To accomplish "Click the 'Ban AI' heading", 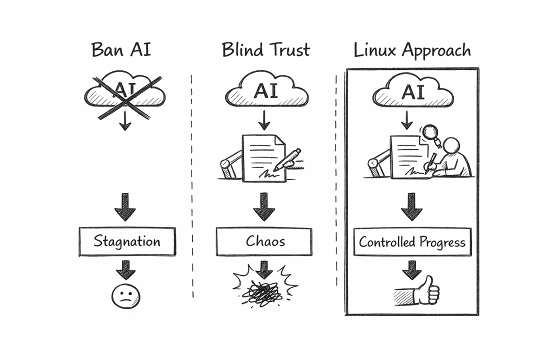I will [121, 50].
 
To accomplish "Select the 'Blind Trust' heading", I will [265, 50].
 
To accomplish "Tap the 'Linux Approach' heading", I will [412, 50].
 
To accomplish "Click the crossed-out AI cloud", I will [125, 93].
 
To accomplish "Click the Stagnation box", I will [127, 242].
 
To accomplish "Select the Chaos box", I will [264, 241].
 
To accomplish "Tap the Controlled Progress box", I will [412, 242].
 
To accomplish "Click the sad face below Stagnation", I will [125, 296].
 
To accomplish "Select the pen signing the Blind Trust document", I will [288, 158].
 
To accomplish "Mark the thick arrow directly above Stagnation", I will [125, 207].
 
